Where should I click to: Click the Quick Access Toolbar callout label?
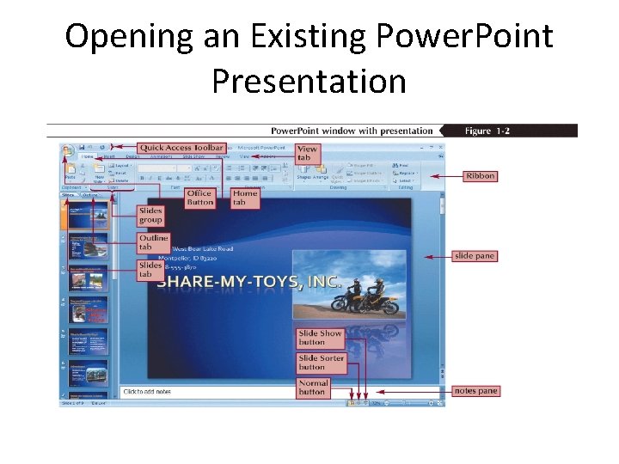click(x=181, y=148)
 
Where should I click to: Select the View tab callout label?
click(x=307, y=153)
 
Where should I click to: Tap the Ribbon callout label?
click(x=481, y=176)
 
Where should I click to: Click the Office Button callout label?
click(x=199, y=198)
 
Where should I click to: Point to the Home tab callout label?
click(x=245, y=198)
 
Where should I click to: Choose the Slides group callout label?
click(x=151, y=215)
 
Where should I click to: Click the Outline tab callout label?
click(x=154, y=242)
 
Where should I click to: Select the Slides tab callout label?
click(x=151, y=270)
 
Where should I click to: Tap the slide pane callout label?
click(x=475, y=256)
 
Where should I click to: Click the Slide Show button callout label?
click(x=320, y=337)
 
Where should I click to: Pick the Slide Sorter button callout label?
click(x=321, y=362)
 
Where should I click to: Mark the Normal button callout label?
click(x=313, y=388)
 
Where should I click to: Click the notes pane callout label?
click(x=475, y=391)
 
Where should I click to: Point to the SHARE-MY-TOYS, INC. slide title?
click(x=249, y=282)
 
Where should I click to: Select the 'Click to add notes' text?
click(x=147, y=392)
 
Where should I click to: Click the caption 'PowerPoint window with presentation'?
click(x=352, y=131)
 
